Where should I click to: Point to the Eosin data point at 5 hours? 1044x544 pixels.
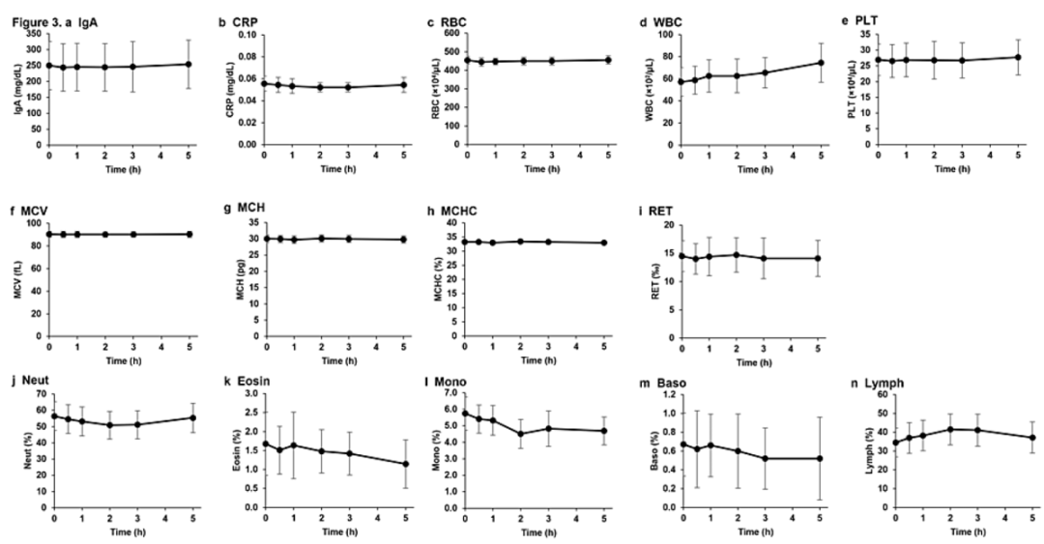(x=379, y=464)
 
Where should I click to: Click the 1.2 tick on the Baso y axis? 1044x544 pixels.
(x=664, y=395)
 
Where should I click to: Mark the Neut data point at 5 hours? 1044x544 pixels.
(x=192, y=417)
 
